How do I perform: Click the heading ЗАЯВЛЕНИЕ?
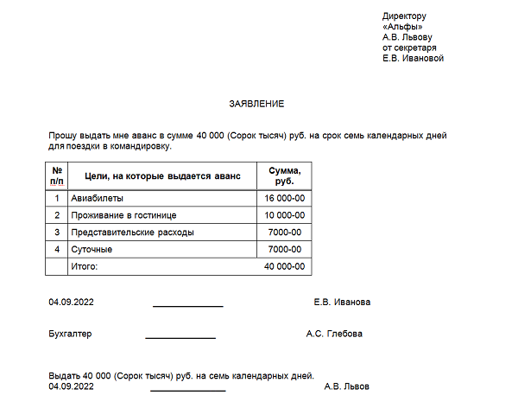click(x=256, y=104)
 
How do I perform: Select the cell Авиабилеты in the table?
click(x=94, y=198)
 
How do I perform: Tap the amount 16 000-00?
click(x=284, y=198)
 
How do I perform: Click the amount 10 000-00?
click(x=284, y=215)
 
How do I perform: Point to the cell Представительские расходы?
click(x=132, y=233)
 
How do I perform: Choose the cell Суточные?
click(x=92, y=250)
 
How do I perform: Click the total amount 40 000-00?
click(x=284, y=267)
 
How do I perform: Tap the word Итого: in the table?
click(x=85, y=267)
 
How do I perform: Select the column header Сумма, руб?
click(x=284, y=176)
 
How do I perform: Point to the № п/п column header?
click(x=57, y=176)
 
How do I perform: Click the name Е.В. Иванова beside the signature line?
click(x=344, y=303)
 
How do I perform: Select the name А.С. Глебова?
click(x=334, y=334)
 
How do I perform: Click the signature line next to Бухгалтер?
click(x=180, y=337)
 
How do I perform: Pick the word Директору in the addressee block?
click(x=404, y=16)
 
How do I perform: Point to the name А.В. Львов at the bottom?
click(x=346, y=386)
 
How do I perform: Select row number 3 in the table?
click(x=57, y=233)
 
